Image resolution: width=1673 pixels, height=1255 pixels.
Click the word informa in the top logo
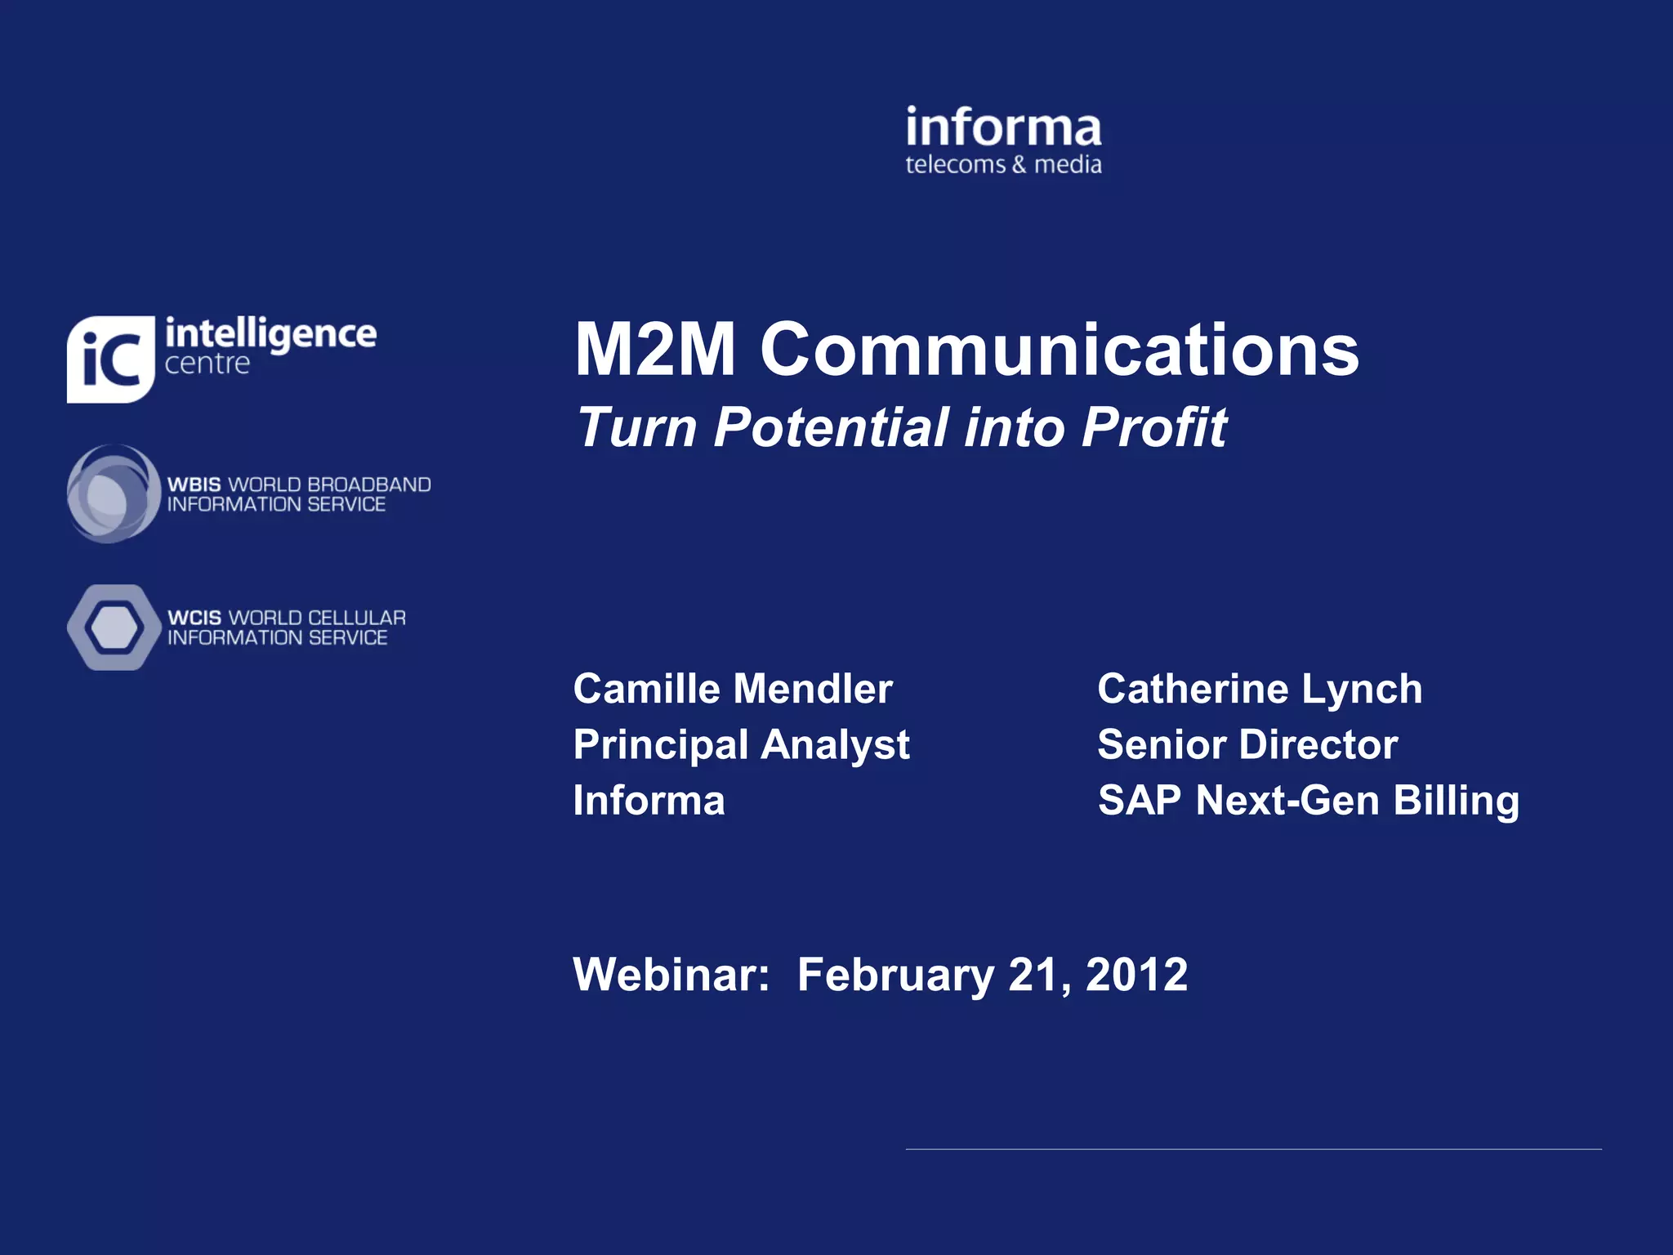[1003, 129]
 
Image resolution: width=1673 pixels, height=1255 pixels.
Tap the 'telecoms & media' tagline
[1003, 165]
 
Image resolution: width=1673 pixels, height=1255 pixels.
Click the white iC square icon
[110, 360]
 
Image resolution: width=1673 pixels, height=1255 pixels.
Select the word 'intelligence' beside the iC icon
[270, 334]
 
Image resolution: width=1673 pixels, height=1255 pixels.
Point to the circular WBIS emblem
[113, 494]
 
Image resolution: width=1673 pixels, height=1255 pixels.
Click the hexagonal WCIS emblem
[114, 627]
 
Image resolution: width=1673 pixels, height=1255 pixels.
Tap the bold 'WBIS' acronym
[194, 485]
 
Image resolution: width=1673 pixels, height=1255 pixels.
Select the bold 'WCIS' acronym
[194, 619]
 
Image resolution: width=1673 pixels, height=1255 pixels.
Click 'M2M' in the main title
[654, 350]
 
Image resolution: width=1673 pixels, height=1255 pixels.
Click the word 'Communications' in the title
[1060, 350]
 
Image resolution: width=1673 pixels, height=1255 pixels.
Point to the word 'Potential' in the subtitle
[831, 427]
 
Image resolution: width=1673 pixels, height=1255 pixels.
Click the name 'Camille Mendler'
[733, 689]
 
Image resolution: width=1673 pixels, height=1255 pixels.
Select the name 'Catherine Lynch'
[1260, 689]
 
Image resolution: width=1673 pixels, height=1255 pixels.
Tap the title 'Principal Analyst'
[741, 745]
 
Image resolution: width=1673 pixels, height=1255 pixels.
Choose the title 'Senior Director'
[1247, 745]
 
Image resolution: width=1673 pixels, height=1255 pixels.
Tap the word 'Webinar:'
[671, 975]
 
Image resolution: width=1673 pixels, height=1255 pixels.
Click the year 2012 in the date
[1136, 975]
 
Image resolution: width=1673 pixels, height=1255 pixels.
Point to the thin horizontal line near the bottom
[1253, 1150]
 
